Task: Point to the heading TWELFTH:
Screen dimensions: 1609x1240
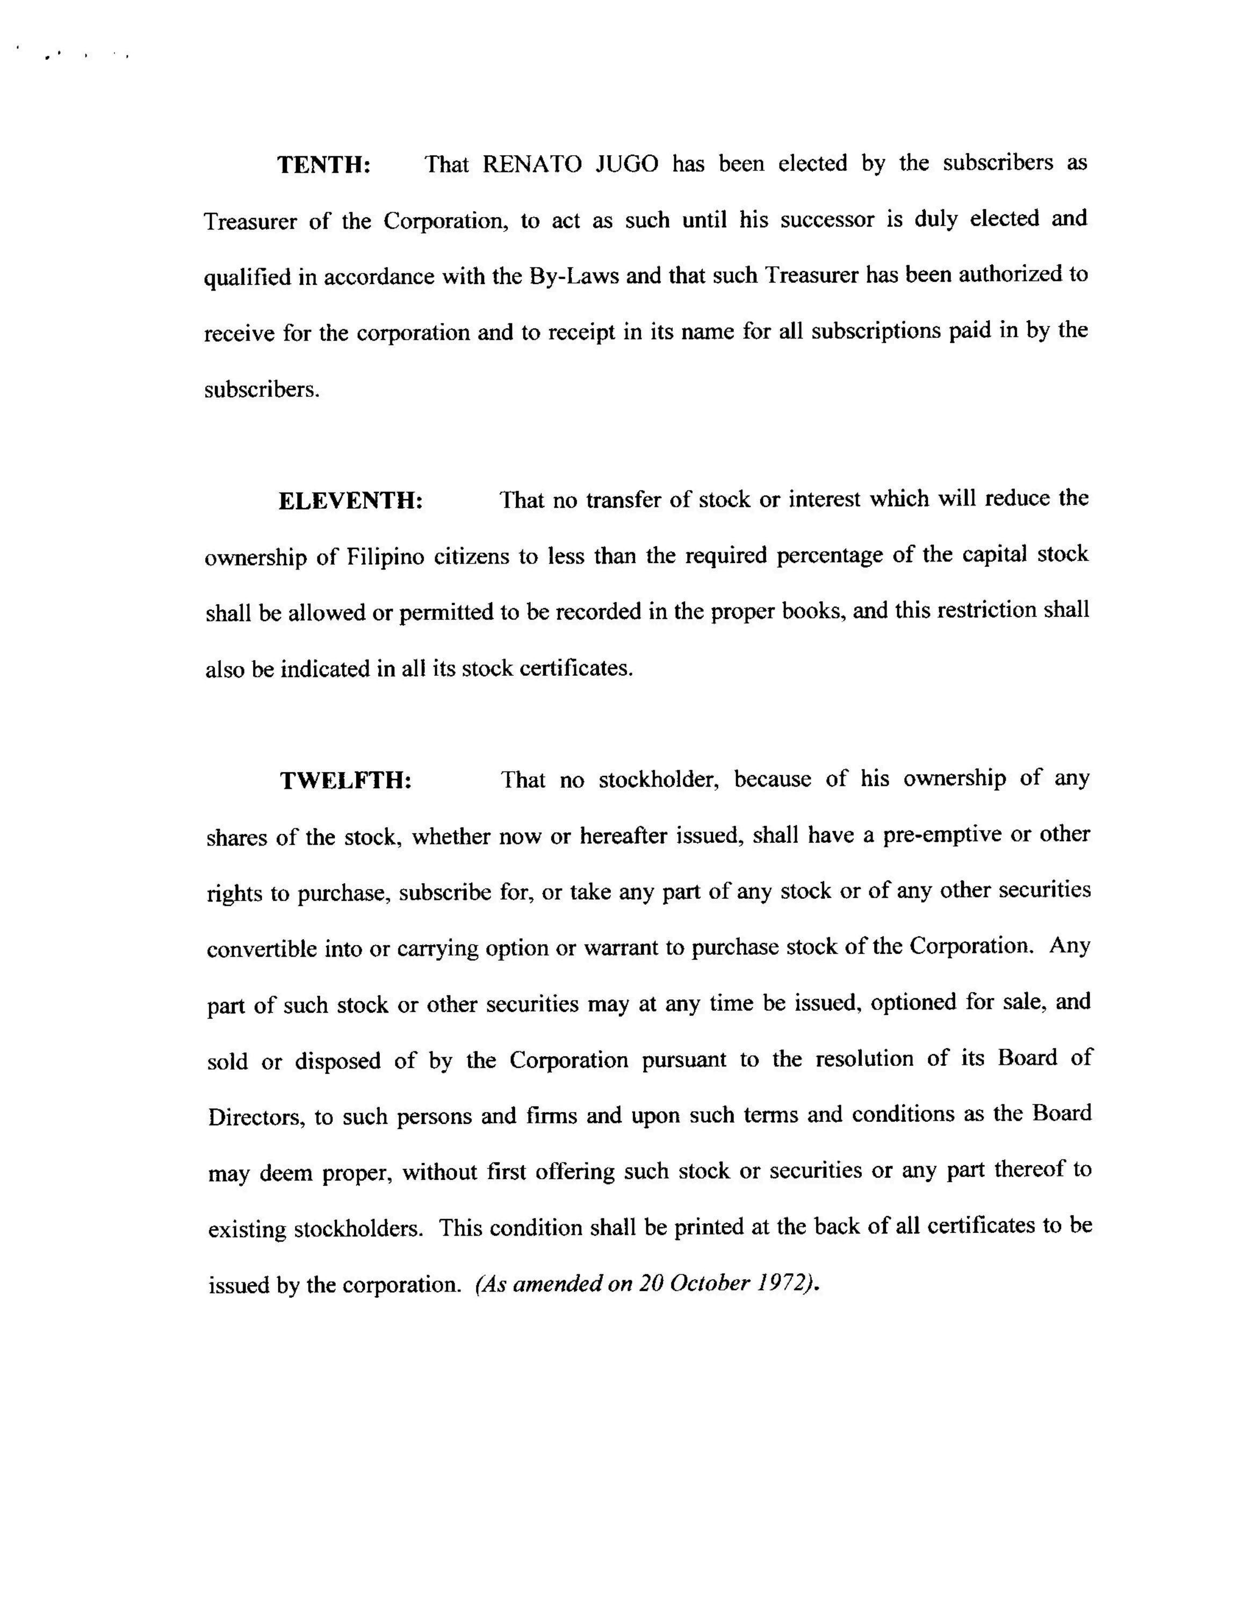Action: (345, 780)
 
